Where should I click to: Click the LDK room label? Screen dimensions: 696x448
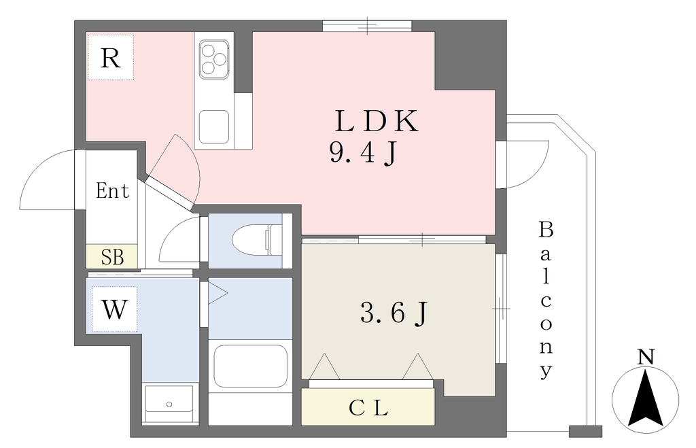click(377, 121)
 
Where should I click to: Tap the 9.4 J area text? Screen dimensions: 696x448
click(363, 154)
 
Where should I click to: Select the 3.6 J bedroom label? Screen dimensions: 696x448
click(394, 313)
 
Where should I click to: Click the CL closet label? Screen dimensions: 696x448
click(368, 408)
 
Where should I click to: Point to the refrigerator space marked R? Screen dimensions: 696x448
click(111, 58)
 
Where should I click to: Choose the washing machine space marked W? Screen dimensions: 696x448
click(114, 309)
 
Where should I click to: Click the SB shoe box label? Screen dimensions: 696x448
click(112, 257)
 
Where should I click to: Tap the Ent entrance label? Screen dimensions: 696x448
click(112, 190)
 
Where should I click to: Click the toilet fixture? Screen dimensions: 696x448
click(257, 240)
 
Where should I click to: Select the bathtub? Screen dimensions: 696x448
click(250, 366)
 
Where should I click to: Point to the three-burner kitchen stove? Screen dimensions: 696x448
click(214, 59)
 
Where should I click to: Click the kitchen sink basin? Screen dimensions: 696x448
click(214, 126)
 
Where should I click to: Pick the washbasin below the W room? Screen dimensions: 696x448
click(169, 404)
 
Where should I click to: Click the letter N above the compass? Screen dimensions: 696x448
click(646, 358)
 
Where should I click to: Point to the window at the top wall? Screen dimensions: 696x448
click(367, 26)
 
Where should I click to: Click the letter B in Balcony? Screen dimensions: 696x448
click(546, 230)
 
